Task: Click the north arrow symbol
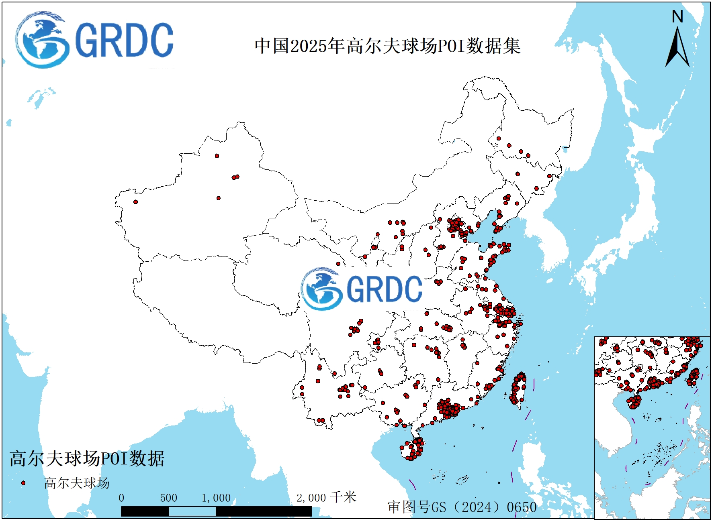[677, 47]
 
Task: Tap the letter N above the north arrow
[677, 17]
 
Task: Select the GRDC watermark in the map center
[362, 289]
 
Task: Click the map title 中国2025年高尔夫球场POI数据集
[387, 46]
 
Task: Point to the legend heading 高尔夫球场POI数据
[87, 458]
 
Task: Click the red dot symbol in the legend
[23, 483]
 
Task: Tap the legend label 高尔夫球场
[76, 483]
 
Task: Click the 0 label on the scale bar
[121, 498]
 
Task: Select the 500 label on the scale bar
[168, 498]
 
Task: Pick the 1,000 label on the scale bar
[216, 498]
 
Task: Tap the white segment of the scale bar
[192, 511]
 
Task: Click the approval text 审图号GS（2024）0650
[462, 507]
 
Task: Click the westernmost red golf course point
[135, 202]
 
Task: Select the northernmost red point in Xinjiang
[217, 156]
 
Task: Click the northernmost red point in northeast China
[499, 138]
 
